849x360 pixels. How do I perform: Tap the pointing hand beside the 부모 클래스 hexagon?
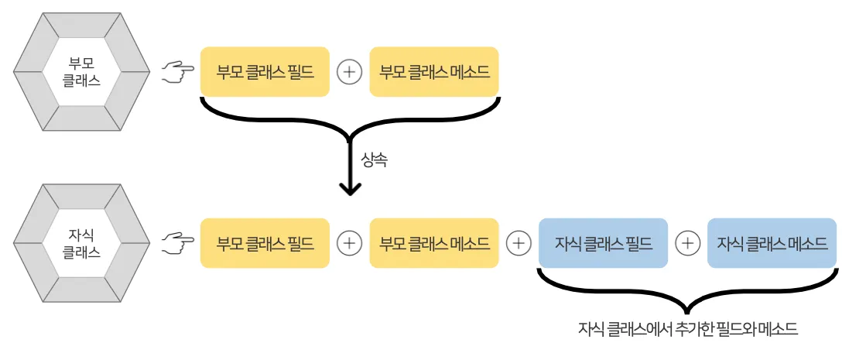177,73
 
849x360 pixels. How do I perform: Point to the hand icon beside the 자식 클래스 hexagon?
177,244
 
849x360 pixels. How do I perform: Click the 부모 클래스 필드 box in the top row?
265,73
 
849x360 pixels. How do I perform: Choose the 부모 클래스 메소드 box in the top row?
434,73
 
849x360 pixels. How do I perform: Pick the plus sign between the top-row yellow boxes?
350,73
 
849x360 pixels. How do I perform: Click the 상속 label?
374,160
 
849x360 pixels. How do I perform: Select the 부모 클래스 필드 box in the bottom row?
265,243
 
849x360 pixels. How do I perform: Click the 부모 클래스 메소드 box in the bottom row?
434,243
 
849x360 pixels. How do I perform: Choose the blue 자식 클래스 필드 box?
603,243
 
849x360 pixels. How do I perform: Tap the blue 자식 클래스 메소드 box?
772,243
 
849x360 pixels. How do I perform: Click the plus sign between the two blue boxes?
687,243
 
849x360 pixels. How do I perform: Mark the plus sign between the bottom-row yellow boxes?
350,243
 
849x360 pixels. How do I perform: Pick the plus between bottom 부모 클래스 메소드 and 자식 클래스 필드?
519,243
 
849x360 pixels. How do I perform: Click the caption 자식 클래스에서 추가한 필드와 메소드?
687,328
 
